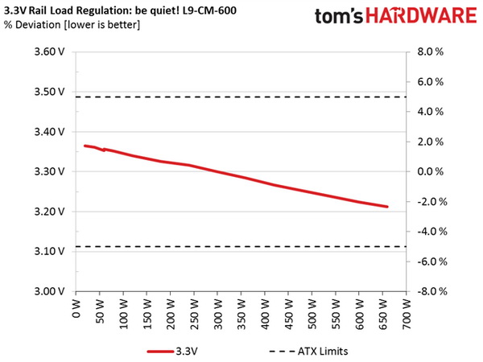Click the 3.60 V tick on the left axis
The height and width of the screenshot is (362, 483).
tap(50, 52)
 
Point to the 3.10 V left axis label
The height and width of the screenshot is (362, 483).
tap(50, 252)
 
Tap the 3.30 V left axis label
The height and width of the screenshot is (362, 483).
tap(50, 172)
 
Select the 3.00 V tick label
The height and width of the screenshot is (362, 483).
tap(50, 292)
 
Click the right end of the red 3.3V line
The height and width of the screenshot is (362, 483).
tap(388, 207)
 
